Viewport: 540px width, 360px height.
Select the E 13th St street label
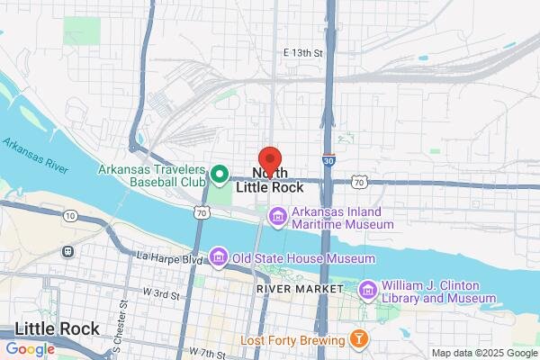point(301,54)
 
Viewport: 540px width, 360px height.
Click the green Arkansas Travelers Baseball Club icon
point(219,171)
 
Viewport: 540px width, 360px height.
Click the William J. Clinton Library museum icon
point(367,290)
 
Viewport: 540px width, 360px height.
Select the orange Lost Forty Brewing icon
point(358,340)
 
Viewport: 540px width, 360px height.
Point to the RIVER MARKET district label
point(300,289)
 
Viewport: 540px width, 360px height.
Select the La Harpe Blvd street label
point(168,258)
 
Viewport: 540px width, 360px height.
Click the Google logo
point(30,349)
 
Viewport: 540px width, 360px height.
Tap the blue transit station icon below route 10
point(67,251)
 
